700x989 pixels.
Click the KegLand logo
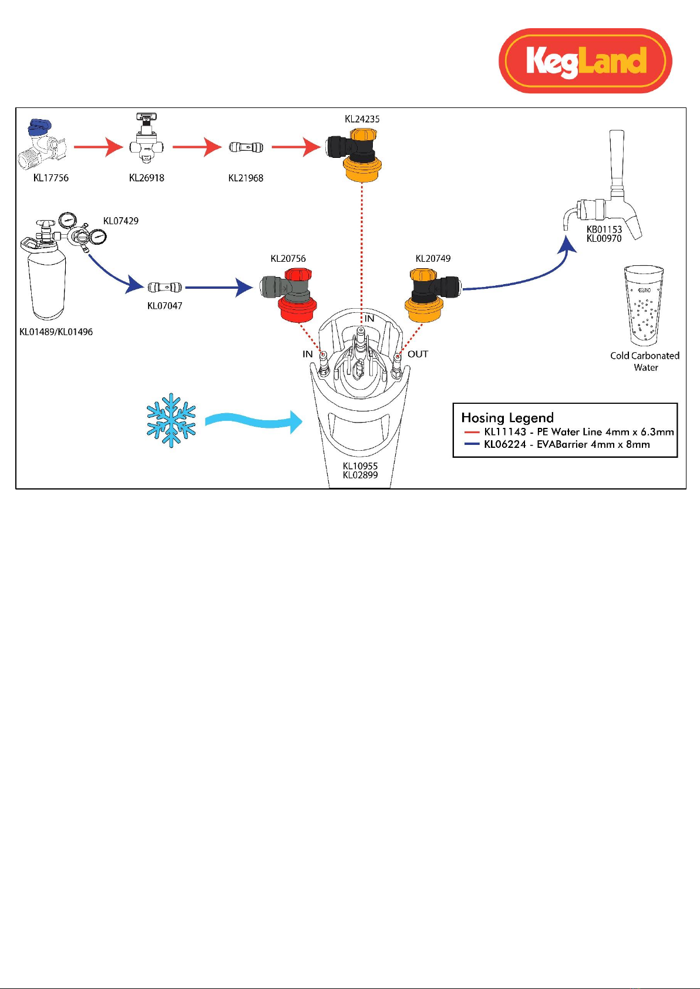point(585,60)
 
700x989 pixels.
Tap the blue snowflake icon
point(171,420)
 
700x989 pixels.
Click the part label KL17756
point(51,178)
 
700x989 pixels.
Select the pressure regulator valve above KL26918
point(147,140)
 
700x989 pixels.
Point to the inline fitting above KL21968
point(246,147)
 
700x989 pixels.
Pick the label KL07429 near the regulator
point(120,221)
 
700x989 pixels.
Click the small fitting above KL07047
point(165,288)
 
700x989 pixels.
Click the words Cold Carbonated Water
point(645,361)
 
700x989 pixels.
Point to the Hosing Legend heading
point(507,418)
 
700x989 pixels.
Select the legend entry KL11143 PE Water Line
point(569,432)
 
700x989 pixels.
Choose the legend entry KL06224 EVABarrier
point(557,444)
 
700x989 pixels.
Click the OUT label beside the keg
point(418,354)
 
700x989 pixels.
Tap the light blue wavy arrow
point(254,421)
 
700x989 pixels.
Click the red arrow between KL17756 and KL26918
point(99,147)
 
